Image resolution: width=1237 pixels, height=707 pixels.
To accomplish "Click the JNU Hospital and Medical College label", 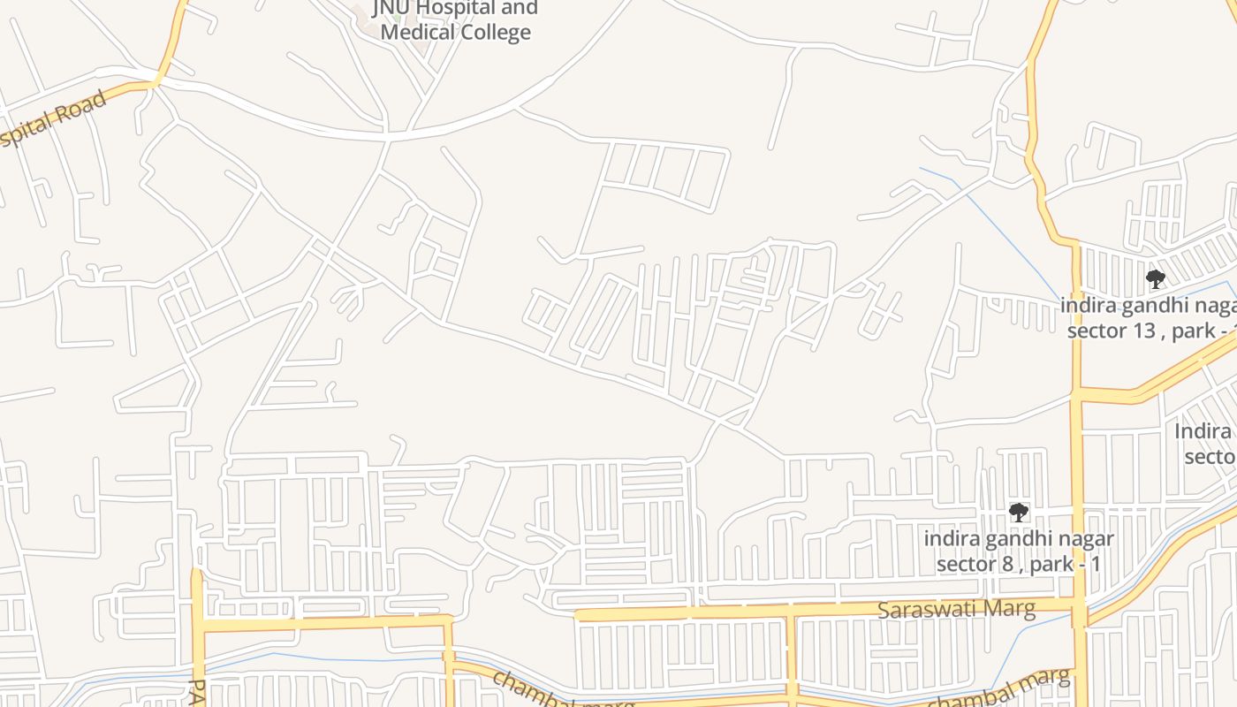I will (455, 20).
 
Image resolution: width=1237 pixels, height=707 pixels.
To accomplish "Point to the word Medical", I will (412, 33).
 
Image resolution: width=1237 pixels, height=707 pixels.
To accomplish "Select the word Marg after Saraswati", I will (1011, 610).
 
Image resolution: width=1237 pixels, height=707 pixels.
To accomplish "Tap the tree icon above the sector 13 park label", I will (1155, 279).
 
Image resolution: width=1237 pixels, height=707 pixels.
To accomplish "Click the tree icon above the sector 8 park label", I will (1019, 512).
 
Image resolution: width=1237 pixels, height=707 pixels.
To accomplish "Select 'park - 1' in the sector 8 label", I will (1064, 564).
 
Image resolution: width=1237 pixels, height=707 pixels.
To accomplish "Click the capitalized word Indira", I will (1203, 431).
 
